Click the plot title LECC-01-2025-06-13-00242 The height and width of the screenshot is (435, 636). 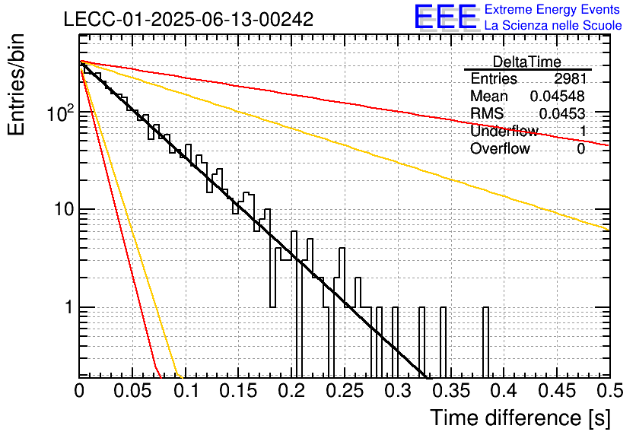coord(189,19)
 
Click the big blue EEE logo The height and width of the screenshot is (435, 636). coord(446,17)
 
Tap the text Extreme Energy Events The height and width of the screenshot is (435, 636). coord(552,9)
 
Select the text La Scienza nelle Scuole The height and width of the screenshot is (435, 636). coord(553,26)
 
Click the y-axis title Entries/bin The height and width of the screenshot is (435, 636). coord(16,84)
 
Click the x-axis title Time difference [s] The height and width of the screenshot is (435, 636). coord(520,418)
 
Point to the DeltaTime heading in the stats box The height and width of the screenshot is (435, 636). coord(527,62)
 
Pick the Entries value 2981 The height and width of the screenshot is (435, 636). coord(571,78)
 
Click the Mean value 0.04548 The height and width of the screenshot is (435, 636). coord(558,96)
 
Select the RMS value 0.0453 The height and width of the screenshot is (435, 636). coord(562,114)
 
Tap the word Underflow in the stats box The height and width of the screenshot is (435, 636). coord(504,131)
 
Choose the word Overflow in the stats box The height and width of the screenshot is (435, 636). coord(500,149)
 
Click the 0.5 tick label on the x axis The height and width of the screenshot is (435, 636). coord(610,391)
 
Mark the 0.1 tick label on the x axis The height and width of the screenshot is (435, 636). coord(186,391)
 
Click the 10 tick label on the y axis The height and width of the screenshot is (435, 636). coord(64,210)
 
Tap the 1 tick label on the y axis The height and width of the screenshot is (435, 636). coord(68,307)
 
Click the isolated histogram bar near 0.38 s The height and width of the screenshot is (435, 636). coord(485,341)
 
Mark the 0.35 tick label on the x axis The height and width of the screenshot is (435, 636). coord(451,391)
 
